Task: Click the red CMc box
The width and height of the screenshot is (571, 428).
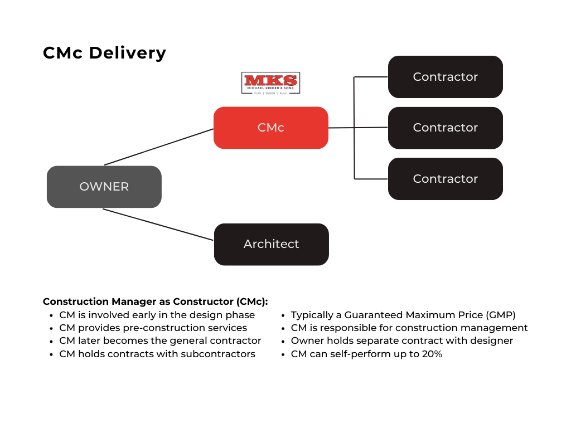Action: pos(271,128)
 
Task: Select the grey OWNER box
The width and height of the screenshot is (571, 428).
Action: pos(104,187)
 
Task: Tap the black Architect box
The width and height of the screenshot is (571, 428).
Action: pos(272,244)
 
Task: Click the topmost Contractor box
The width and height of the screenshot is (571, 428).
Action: pos(446,77)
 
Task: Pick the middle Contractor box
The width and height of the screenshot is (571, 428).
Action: pos(446,128)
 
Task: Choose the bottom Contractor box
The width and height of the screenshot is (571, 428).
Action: pos(446,179)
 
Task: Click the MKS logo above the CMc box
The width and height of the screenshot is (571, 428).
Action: pos(270,83)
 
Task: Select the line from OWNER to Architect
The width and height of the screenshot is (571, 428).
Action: pos(158,225)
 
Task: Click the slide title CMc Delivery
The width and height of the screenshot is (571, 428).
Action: pos(104,53)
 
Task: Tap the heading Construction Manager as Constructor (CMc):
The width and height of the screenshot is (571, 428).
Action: pos(156,301)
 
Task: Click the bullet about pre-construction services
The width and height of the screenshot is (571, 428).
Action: pos(153,328)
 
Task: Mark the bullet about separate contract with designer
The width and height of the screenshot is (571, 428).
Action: pos(401,341)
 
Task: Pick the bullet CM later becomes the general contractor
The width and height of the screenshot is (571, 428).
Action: pos(160,341)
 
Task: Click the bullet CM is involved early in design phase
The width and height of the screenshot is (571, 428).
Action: pos(157,315)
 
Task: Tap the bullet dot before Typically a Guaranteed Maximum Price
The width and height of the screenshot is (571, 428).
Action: pos(284,315)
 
